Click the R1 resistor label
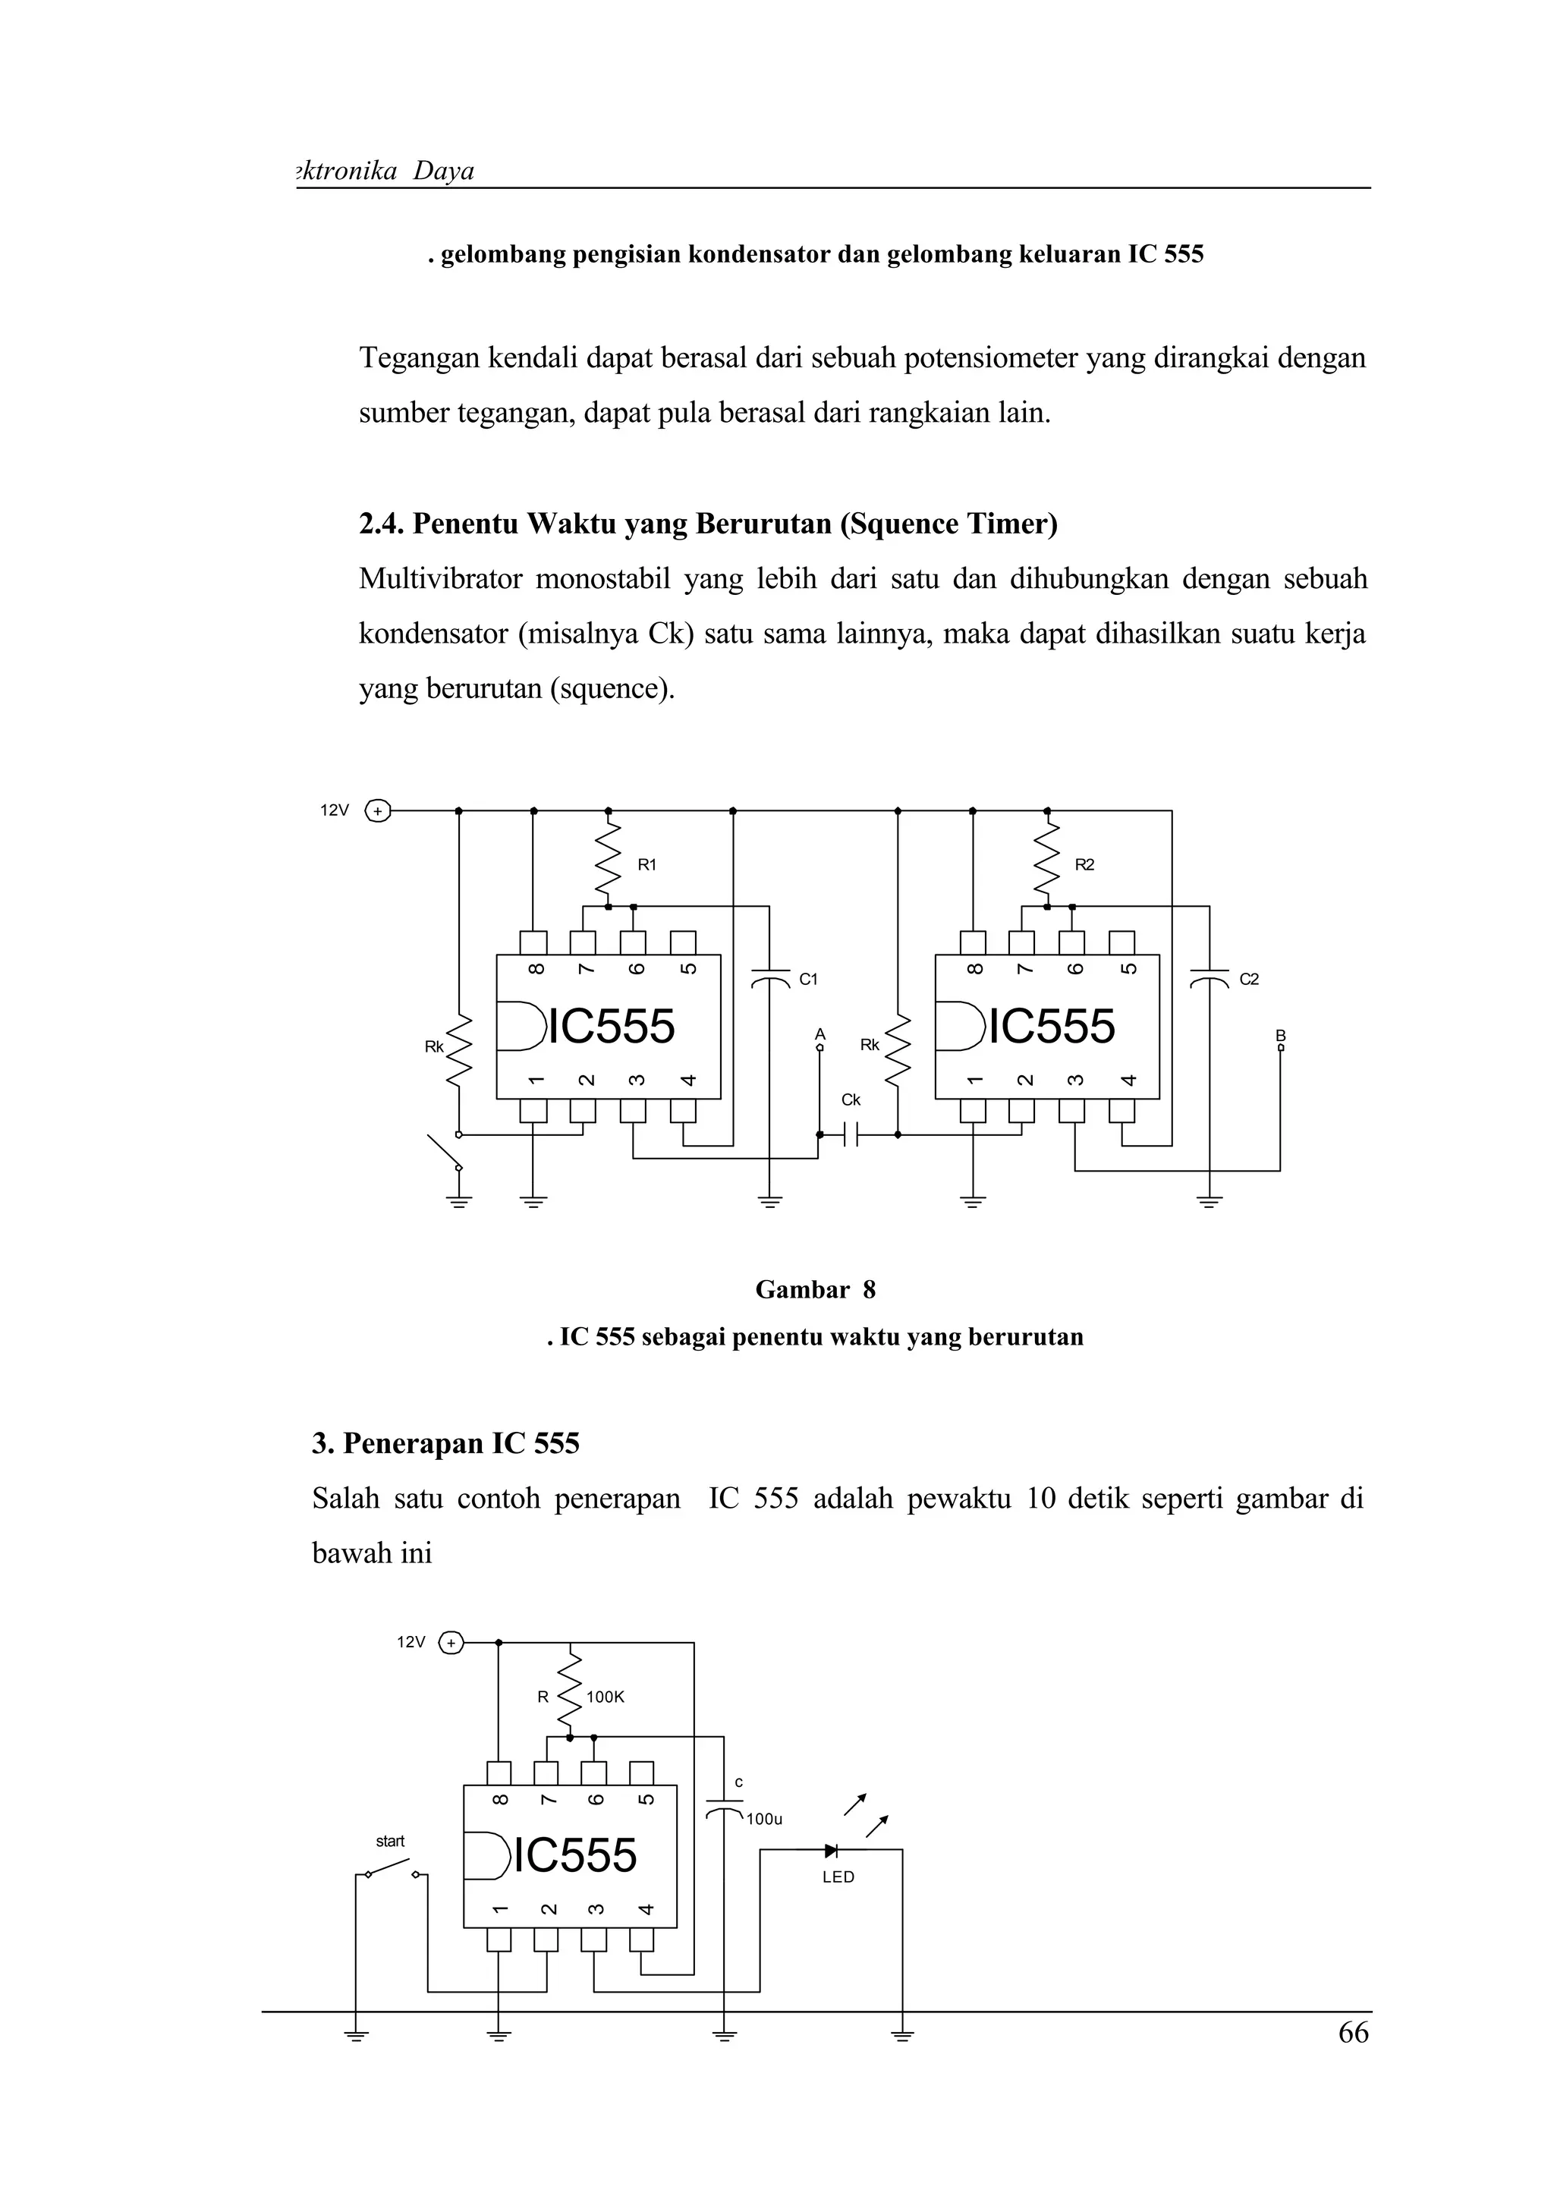point(647,865)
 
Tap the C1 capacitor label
point(809,979)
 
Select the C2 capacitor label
point(1250,979)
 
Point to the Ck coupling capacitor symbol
point(851,1135)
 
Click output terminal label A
point(819,1034)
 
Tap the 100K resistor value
point(605,1697)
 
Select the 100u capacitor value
point(764,1819)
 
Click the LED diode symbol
point(831,1851)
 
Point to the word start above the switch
point(390,1841)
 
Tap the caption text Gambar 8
point(815,1290)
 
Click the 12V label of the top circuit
point(334,810)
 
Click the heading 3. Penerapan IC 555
point(445,1443)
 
